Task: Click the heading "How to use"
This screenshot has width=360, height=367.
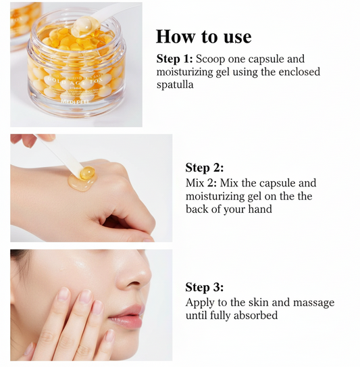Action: (203, 36)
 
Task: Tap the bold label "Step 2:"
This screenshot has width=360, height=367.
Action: (205, 168)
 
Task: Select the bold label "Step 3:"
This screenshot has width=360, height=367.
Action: (205, 287)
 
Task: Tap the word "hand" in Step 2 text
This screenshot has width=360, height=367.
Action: (259, 210)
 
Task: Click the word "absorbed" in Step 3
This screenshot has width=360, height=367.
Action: (256, 316)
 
